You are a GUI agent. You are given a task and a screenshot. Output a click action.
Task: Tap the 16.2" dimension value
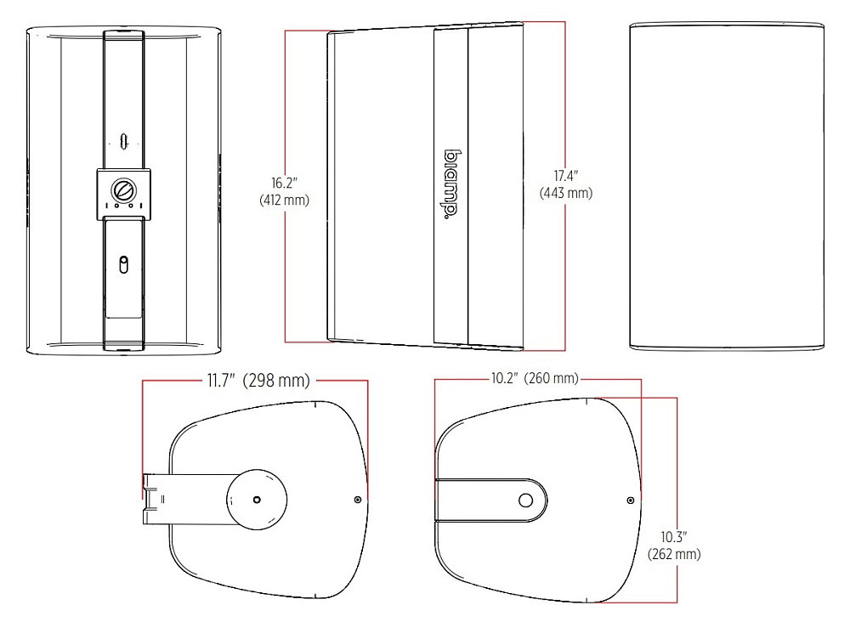pyautogui.click(x=285, y=184)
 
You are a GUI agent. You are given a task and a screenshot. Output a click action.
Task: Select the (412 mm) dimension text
pyautogui.click(x=284, y=201)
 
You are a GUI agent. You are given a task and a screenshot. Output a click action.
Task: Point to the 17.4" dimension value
pyautogui.click(x=566, y=176)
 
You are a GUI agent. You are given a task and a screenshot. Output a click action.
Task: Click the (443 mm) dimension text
pyautogui.click(x=566, y=193)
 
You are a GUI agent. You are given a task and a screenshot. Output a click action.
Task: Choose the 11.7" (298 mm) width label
pyautogui.click(x=258, y=381)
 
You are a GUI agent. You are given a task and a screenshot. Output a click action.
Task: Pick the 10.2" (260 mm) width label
pyautogui.click(x=535, y=377)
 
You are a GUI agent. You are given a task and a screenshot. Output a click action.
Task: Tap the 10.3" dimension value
pyautogui.click(x=674, y=537)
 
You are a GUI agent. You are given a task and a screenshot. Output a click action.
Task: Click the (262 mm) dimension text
pyautogui.click(x=674, y=554)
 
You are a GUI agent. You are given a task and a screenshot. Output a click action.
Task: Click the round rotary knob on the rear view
pyautogui.click(x=123, y=190)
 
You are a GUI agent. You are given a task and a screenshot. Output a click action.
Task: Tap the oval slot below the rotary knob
pyautogui.click(x=123, y=264)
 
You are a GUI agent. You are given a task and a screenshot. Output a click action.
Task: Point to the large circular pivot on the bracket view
pyautogui.click(x=257, y=500)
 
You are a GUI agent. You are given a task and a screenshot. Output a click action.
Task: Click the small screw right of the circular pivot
pyautogui.click(x=357, y=500)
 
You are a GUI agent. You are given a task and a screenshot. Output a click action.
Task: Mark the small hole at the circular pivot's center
pyautogui.click(x=257, y=500)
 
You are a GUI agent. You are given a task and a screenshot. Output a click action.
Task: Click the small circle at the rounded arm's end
pyautogui.click(x=525, y=500)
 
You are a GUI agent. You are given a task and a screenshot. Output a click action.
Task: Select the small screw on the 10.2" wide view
pyautogui.click(x=631, y=500)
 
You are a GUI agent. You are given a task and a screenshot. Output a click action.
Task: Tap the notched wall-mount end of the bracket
pyautogui.click(x=153, y=499)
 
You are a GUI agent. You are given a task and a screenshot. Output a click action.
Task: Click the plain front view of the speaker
pyautogui.click(x=727, y=186)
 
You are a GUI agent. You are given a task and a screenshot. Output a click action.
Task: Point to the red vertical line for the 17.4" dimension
pyautogui.click(x=565, y=186)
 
